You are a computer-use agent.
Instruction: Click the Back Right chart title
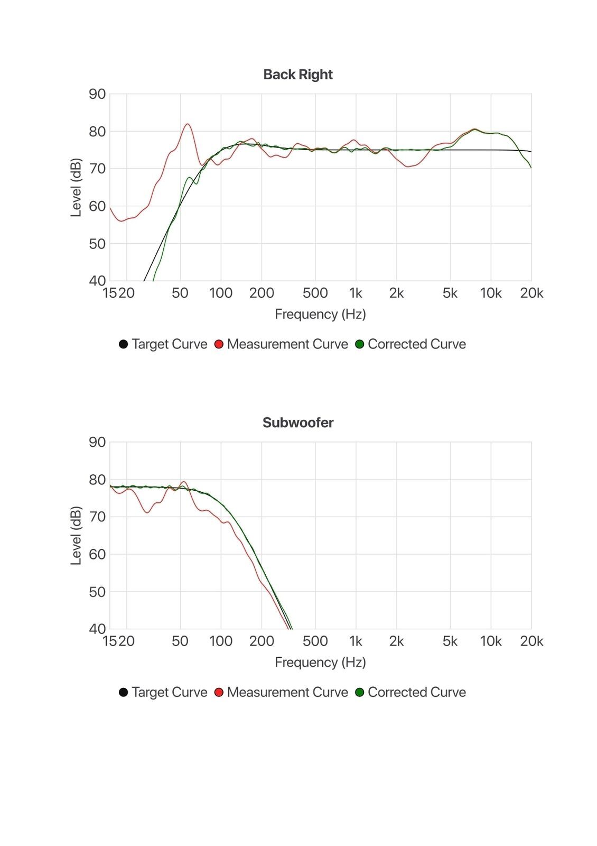tap(298, 75)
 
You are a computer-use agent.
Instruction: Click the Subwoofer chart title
tap(298, 422)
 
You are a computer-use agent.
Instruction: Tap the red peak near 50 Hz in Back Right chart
tap(188, 124)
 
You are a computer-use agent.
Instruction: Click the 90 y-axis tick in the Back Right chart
tap(97, 94)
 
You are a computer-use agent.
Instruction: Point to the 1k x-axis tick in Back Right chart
tap(356, 293)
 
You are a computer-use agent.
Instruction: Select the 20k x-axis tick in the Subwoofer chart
tap(531, 641)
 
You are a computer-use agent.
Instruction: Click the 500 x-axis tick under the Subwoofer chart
tap(315, 641)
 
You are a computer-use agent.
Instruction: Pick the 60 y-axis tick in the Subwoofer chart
tap(97, 554)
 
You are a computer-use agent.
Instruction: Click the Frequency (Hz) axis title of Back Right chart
tap(320, 315)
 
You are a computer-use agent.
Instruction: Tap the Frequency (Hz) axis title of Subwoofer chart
tap(320, 663)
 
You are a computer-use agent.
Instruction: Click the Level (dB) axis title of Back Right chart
tap(76, 187)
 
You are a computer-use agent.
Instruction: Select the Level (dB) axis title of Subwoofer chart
tap(76, 536)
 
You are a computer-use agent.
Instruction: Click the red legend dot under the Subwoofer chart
tap(219, 692)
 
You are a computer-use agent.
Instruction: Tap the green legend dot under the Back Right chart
tap(360, 344)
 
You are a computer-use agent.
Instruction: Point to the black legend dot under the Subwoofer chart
tap(124, 692)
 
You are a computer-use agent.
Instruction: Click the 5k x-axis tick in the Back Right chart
tap(450, 293)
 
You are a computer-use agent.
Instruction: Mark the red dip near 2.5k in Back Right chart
tap(408, 167)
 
